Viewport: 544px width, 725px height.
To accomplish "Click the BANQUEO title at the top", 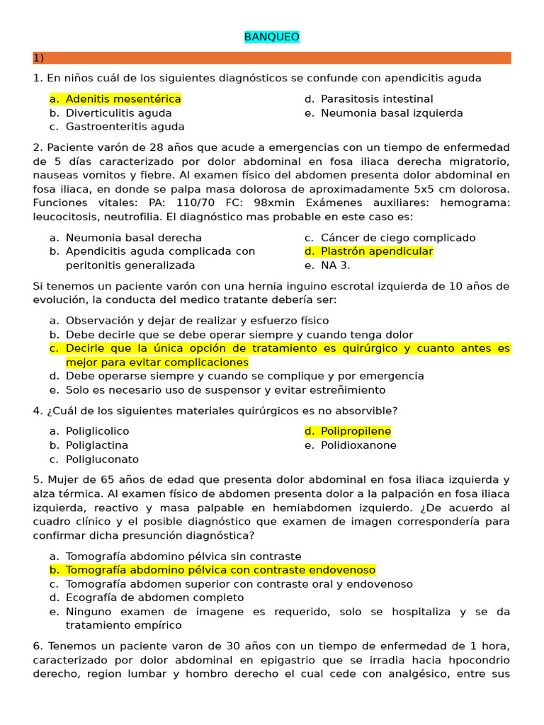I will [272, 37].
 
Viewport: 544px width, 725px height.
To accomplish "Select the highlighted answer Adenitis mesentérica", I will [123, 99].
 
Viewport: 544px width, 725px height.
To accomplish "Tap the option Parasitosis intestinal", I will [376, 99].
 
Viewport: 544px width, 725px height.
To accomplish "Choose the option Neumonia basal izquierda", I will [391, 113].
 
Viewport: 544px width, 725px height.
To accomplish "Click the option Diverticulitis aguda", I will [118, 113].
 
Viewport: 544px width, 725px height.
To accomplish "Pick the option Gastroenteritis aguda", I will [125, 127].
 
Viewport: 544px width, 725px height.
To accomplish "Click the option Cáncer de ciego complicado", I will [397, 238].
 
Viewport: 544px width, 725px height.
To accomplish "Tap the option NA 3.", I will [335, 266].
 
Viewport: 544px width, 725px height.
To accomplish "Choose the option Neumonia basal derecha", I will [133, 238].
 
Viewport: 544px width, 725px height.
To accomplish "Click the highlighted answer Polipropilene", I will [355, 431].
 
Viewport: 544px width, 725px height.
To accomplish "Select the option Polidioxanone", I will [358, 445].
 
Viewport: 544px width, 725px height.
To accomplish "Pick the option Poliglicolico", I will [97, 431].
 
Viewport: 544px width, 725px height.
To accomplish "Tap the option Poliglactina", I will [97, 445].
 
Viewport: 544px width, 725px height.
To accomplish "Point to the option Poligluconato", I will [102, 459].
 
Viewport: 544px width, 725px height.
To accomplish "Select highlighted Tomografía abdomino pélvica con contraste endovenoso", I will [220, 570].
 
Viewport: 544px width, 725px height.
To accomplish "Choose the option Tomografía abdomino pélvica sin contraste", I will [183, 556].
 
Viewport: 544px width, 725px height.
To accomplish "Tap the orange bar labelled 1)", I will [272, 58].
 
